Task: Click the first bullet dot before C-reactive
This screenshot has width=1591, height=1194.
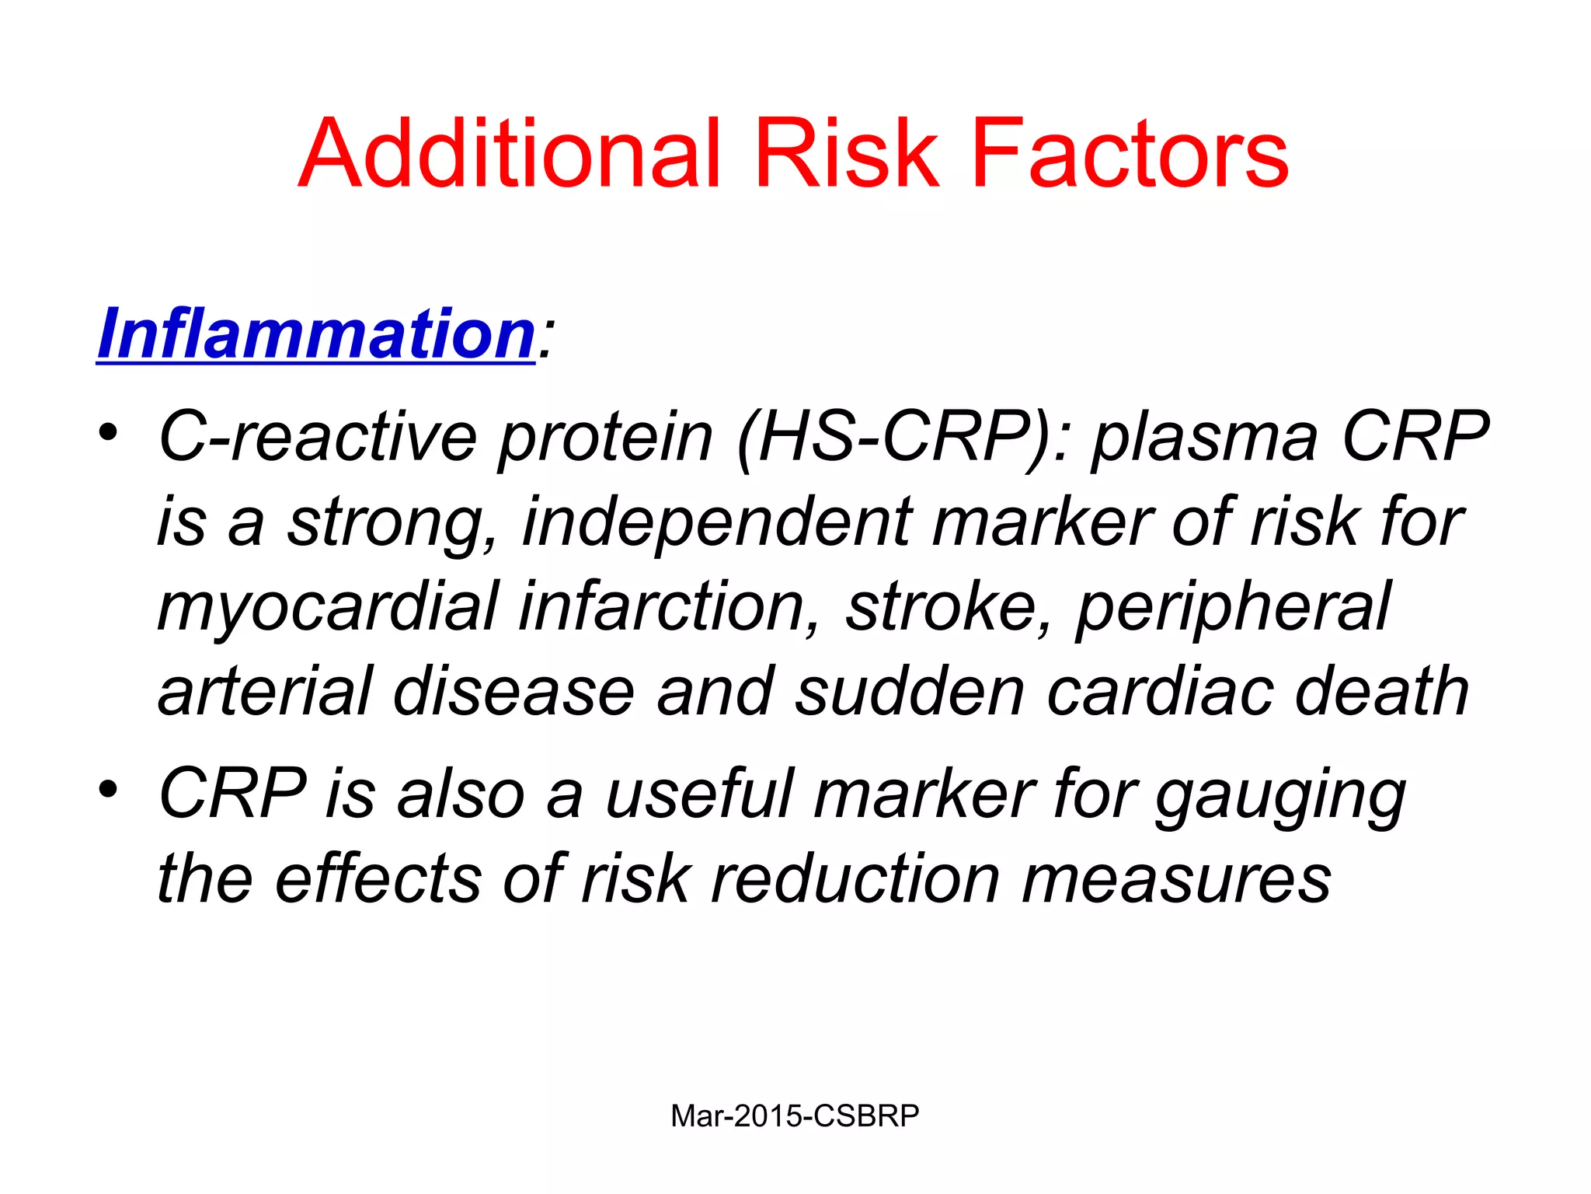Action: click(x=108, y=431)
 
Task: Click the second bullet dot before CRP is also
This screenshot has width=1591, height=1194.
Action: click(x=108, y=789)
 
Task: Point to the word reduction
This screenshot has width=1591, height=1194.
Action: click(x=855, y=879)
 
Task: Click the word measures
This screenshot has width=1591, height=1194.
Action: click(x=1176, y=881)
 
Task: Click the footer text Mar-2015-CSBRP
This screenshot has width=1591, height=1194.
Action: click(x=795, y=1116)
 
